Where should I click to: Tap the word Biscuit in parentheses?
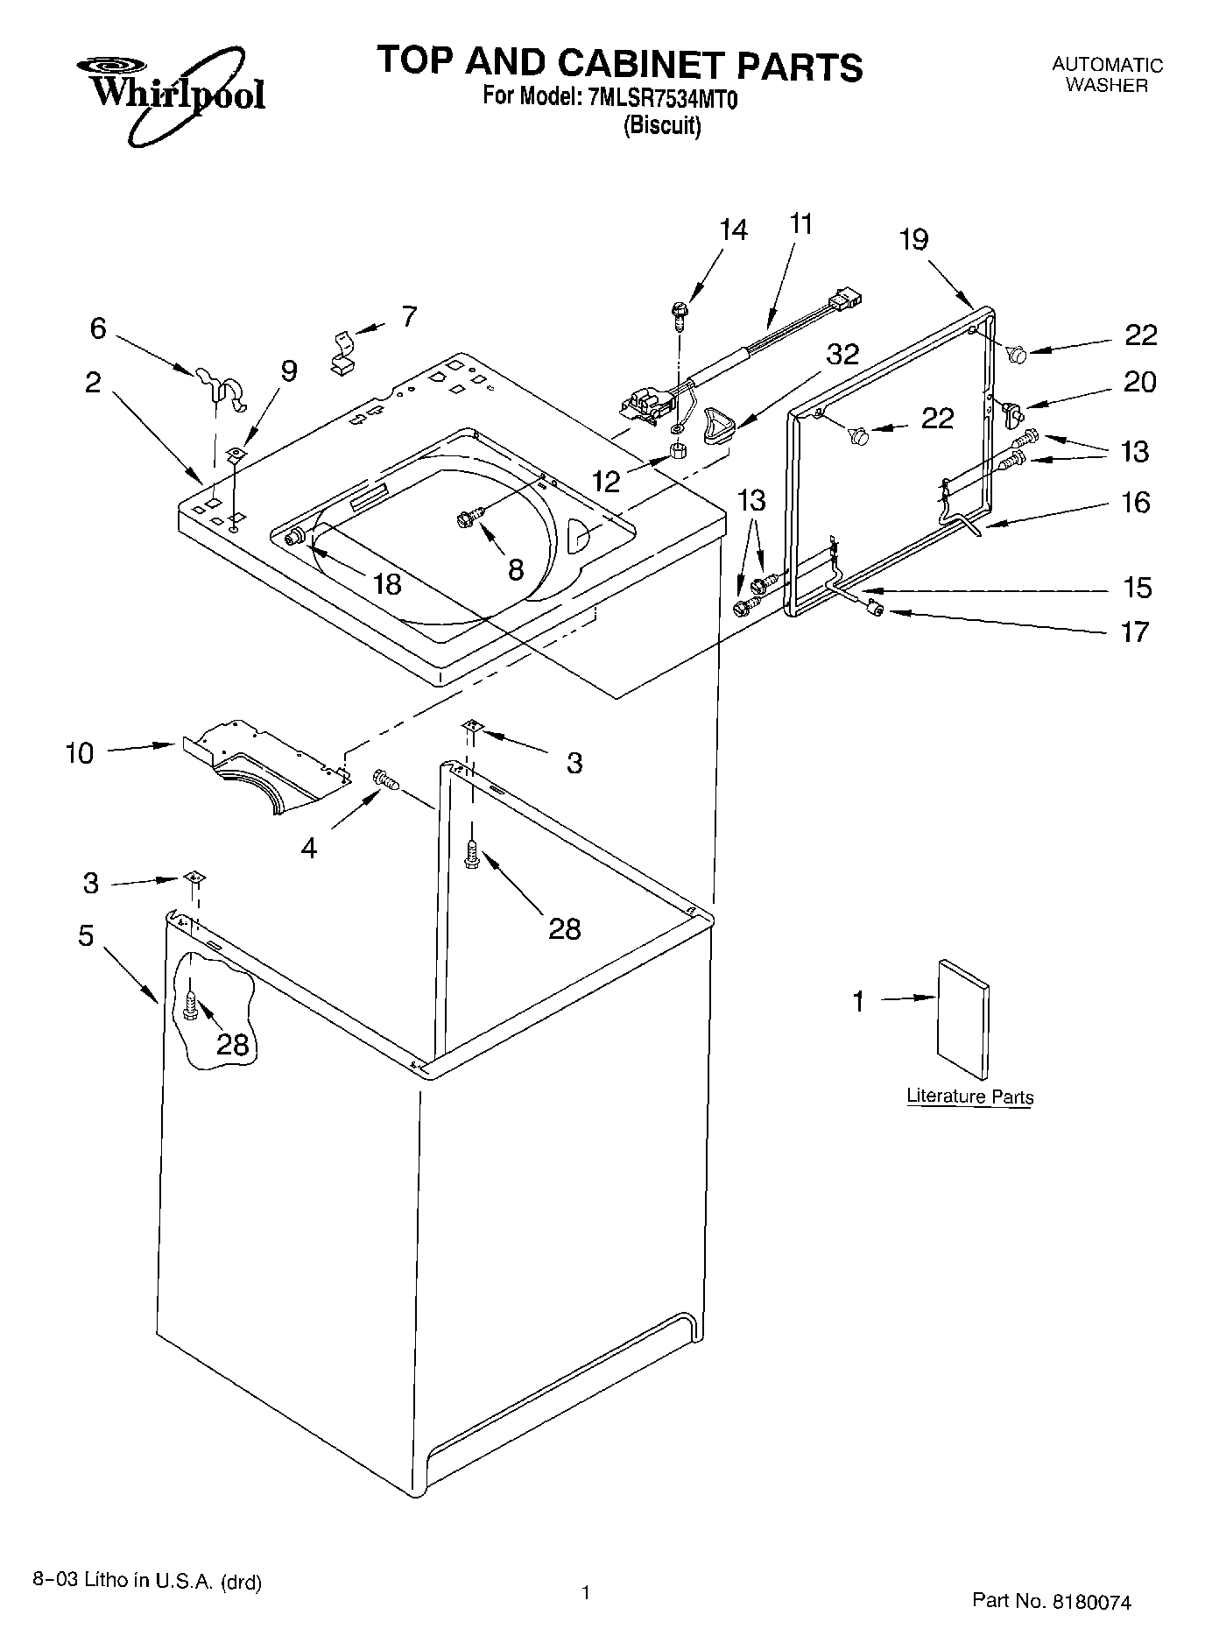(662, 125)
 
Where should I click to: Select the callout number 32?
(842, 354)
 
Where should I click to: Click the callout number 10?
(79, 752)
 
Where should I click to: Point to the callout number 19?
(913, 239)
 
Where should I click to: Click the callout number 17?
(1135, 631)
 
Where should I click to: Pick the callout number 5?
(85, 935)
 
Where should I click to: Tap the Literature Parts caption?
(969, 1097)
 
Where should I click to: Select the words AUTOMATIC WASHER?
(1107, 75)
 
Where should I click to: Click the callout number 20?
(1139, 382)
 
